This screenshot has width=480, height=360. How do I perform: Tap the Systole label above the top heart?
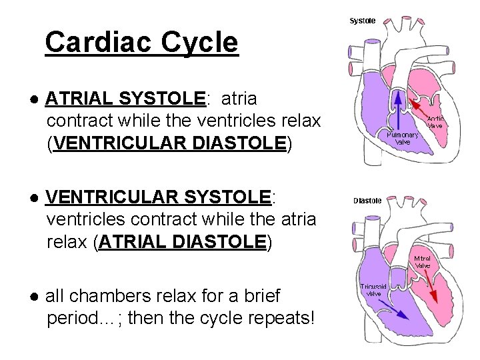(x=363, y=21)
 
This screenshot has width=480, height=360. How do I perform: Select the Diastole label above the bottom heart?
(x=367, y=200)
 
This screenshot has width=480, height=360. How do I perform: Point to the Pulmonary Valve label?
(x=403, y=138)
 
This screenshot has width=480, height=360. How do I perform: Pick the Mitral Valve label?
(x=423, y=262)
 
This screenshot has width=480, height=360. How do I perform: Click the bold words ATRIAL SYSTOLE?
(x=125, y=99)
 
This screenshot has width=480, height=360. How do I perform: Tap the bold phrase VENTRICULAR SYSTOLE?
(x=158, y=197)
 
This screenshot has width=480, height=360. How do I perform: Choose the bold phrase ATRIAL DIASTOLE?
(x=182, y=241)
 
